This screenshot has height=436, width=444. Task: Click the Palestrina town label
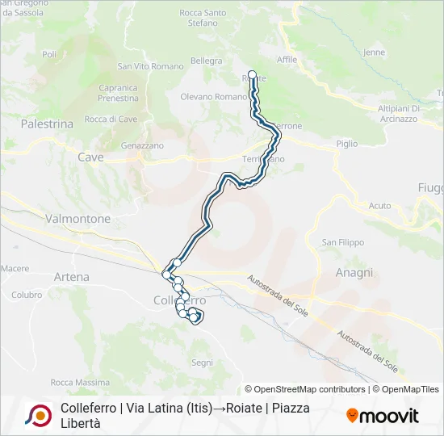(47, 124)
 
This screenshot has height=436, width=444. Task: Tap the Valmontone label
(77, 219)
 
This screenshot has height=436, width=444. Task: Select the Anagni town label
(354, 273)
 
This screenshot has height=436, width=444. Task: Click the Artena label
(71, 277)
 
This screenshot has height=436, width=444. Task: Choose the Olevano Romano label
(213, 97)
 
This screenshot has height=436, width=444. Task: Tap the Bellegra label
(206, 61)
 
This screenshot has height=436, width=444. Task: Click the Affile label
(287, 60)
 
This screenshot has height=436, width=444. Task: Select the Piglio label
(346, 144)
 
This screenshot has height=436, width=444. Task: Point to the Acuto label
(379, 206)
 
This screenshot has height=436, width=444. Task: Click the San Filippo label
(343, 242)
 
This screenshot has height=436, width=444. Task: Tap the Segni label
(202, 363)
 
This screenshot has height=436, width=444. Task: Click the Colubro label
(27, 295)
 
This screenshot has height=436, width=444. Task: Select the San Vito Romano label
(150, 66)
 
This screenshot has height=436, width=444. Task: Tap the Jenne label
(375, 52)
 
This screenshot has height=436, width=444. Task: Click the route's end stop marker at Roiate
(252, 75)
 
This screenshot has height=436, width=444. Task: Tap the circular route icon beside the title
(38, 415)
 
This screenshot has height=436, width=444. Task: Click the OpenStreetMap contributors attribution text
(305, 389)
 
